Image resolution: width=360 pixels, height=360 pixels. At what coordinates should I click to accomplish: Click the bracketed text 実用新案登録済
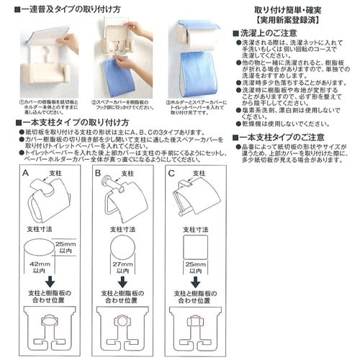point(282,20)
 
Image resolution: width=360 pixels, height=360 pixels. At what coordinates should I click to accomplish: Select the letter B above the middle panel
point(96,174)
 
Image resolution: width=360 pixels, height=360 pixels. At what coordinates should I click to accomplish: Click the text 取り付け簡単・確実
point(282,9)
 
